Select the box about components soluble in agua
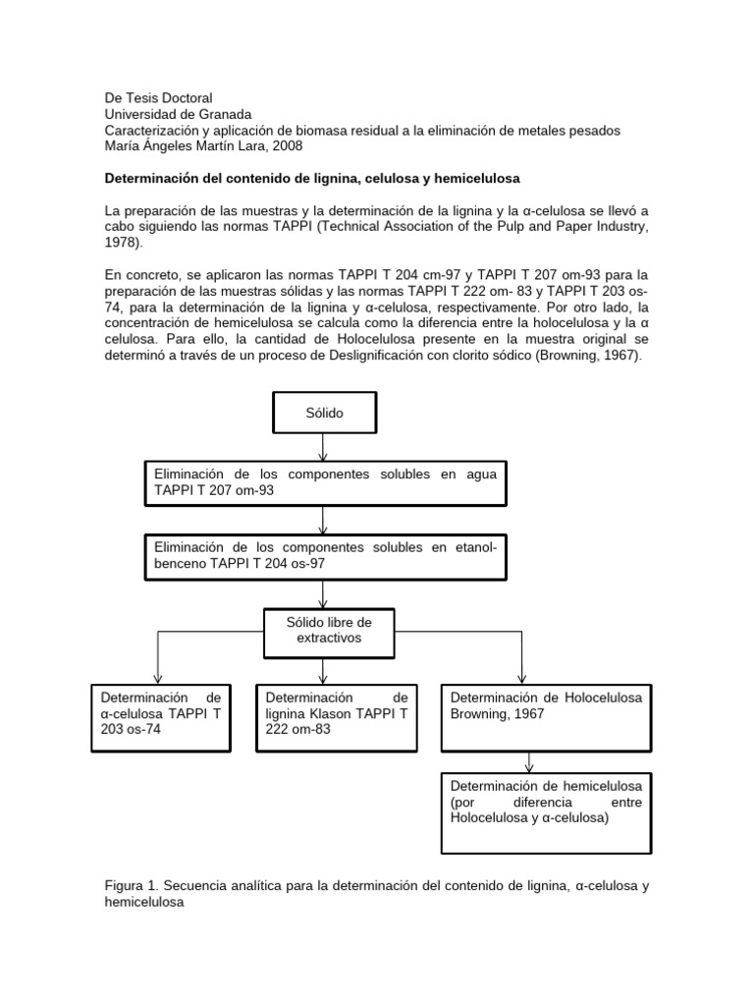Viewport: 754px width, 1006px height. pyautogui.click(x=323, y=481)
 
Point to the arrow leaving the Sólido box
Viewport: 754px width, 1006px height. pyautogui.click(x=323, y=447)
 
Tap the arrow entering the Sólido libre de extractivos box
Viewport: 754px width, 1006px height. pyautogui.click(x=323, y=591)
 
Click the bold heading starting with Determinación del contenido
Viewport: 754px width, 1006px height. pyautogui.click(x=312, y=179)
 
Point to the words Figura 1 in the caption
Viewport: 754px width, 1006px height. pyautogui.click(x=133, y=886)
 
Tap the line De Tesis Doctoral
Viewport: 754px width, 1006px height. pyautogui.click(x=158, y=98)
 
